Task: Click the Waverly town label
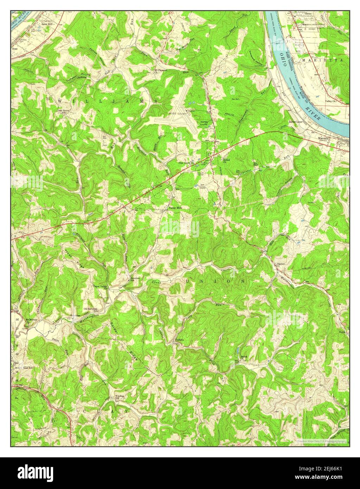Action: click(x=323, y=138)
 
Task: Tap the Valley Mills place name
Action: click(x=176, y=208)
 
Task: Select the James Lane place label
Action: click(x=295, y=122)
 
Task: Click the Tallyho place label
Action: click(x=179, y=340)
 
